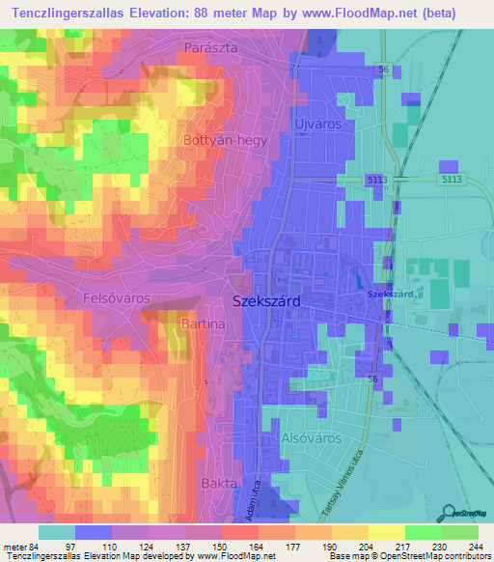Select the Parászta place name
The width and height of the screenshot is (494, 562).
pos(211,46)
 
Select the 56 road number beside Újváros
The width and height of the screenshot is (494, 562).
pos(383,70)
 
